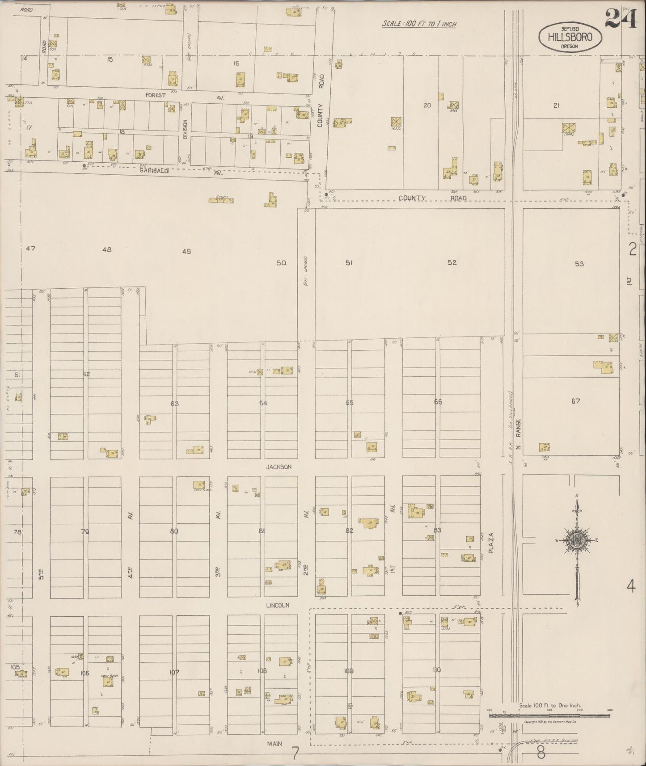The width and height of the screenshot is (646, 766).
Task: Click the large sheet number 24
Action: (621, 19)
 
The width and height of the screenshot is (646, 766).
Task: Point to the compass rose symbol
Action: (577, 540)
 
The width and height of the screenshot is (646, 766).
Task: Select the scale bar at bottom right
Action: (549, 715)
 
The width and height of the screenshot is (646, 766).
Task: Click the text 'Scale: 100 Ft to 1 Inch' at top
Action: (419, 24)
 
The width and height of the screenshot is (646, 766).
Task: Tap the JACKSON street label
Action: (279, 467)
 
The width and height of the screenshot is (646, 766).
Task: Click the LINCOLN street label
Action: (278, 605)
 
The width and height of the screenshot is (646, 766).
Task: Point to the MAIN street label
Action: (275, 744)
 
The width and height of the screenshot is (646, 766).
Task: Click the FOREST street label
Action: (155, 95)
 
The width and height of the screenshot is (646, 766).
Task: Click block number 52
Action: (452, 262)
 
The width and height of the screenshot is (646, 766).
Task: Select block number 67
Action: (575, 401)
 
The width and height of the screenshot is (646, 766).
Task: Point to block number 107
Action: (174, 672)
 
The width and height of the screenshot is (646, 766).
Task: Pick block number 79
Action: (85, 531)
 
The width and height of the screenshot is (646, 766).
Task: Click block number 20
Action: (427, 105)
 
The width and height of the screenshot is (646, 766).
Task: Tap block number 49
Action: (186, 251)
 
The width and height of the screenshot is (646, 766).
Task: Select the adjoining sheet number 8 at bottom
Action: (541, 753)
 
